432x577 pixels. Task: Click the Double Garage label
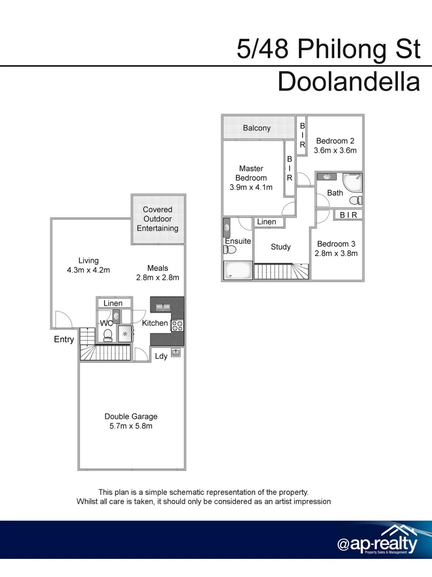point(131,417)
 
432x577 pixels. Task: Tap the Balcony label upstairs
point(257,128)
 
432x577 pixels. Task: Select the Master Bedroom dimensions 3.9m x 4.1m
point(251,188)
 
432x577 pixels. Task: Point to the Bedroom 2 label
point(335,141)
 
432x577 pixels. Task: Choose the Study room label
point(281,247)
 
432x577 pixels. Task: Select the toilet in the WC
point(107,334)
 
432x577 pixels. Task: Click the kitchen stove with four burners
point(177,325)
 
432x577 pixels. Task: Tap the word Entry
point(64,339)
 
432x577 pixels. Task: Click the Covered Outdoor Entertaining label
point(158,219)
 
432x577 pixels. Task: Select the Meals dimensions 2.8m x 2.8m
point(158,277)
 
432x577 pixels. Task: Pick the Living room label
point(88,261)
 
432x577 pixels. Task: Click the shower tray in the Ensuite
point(237,270)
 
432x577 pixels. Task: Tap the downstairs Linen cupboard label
point(113,303)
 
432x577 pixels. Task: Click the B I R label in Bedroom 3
point(348,215)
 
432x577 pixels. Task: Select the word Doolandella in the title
point(349,83)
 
